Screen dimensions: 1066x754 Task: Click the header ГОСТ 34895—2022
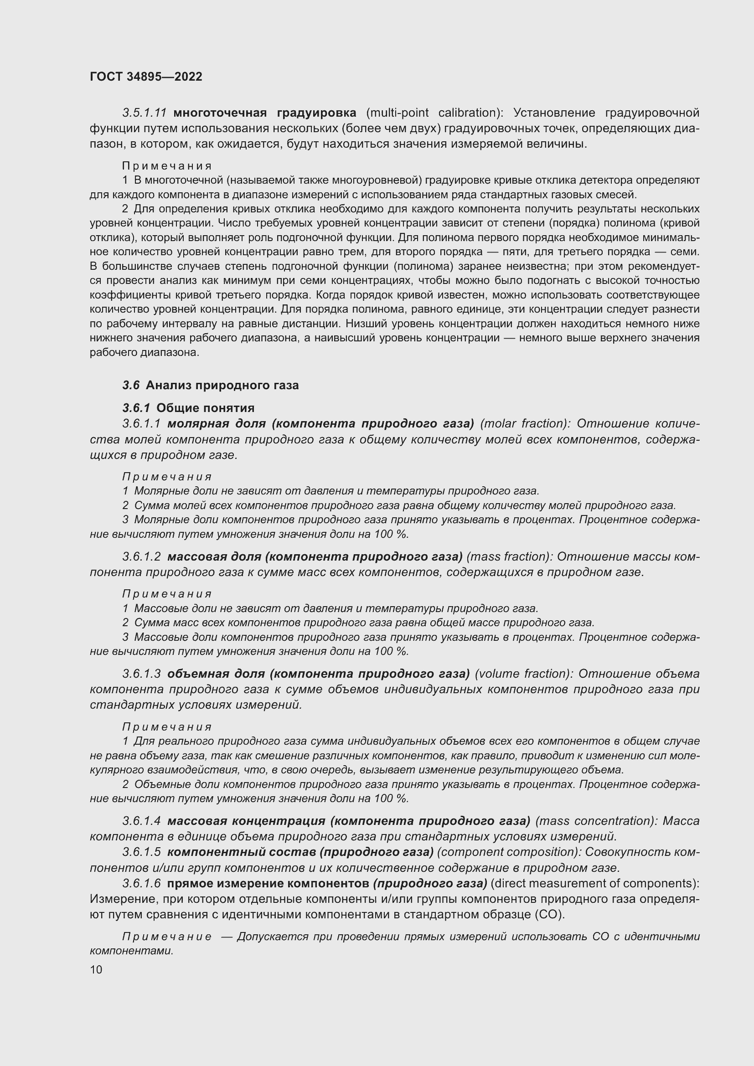pyautogui.click(x=146, y=77)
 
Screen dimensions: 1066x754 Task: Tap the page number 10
pyautogui.click(x=96, y=969)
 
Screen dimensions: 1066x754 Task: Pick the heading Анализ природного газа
pyautogui.click(x=222, y=386)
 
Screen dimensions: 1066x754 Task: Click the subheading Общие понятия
pyautogui.click(x=205, y=408)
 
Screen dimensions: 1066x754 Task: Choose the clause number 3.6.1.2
pyautogui.click(x=142, y=556)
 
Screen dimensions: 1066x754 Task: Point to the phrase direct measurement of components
pyautogui.click(x=594, y=883)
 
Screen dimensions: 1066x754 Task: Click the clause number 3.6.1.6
pyautogui.click(x=142, y=883)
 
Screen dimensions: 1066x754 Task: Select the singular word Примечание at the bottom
pyautogui.click(x=167, y=937)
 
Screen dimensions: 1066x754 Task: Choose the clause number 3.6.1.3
pyautogui.click(x=142, y=674)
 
